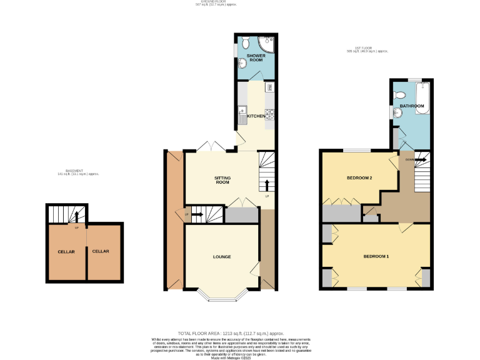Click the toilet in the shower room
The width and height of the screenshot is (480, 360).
pyautogui.click(x=247, y=42)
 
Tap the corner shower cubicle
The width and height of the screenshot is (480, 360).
pyautogui.click(x=266, y=44)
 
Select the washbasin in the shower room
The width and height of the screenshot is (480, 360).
pyautogui.click(x=242, y=62)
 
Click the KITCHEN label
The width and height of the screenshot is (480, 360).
pyautogui.click(x=256, y=116)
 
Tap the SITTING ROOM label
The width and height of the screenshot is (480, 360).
pyautogui.click(x=223, y=180)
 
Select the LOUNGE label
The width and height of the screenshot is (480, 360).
pyautogui.click(x=222, y=257)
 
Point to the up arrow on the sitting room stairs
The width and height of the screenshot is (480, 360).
pyautogui.click(x=267, y=185)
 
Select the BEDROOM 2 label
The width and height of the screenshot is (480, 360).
pyautogui.click(x=359, y=178)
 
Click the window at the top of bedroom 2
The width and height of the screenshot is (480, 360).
pyautogui.click(x=357, y=151)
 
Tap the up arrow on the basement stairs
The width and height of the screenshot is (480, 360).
pyautogui.click(x=76, y=216)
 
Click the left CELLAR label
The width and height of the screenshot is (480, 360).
pyautogui.click(x=67, y=251)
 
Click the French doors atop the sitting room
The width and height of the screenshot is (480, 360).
pyautogui.click(x=211, y=147)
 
